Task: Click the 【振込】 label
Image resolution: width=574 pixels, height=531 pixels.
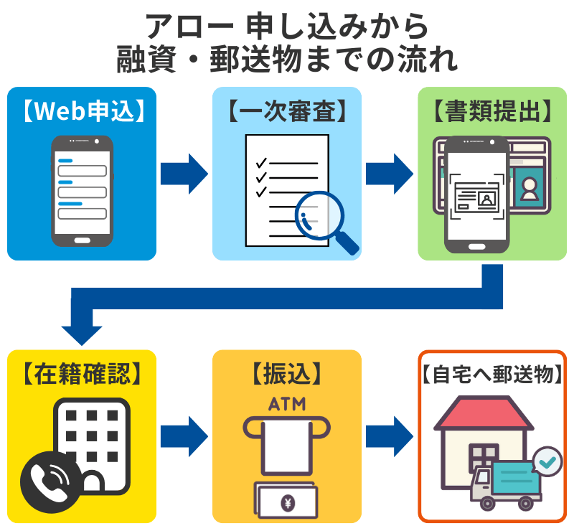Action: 287,374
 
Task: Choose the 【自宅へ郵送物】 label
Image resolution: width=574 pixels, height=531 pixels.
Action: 492,374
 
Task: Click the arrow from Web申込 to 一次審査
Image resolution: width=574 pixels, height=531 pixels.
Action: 184,173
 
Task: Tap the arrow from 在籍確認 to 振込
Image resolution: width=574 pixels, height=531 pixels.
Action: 184,436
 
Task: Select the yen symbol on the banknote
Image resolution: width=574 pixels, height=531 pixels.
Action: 287,503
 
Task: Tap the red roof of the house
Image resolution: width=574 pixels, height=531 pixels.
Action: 474,414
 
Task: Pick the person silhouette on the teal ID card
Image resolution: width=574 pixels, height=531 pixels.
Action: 530,188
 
